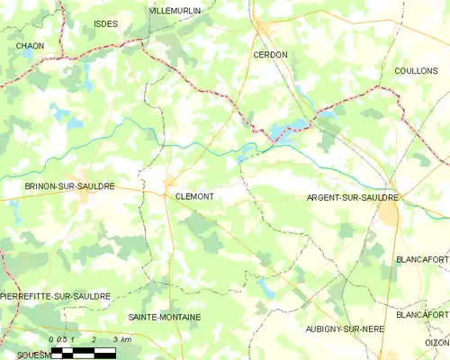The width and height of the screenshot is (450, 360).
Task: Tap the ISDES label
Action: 105,24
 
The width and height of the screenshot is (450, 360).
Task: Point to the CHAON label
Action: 30,45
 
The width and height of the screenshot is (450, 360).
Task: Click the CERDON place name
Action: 270,55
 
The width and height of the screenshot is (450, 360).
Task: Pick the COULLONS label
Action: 416,70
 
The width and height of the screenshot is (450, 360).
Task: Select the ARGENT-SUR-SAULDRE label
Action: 353,197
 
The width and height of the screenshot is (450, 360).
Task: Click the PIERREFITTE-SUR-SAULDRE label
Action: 56,296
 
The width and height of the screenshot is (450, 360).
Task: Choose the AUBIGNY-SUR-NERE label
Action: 345,329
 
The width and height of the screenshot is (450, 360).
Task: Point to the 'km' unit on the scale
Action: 125,340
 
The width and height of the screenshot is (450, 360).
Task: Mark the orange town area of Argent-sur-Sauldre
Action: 390,212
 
